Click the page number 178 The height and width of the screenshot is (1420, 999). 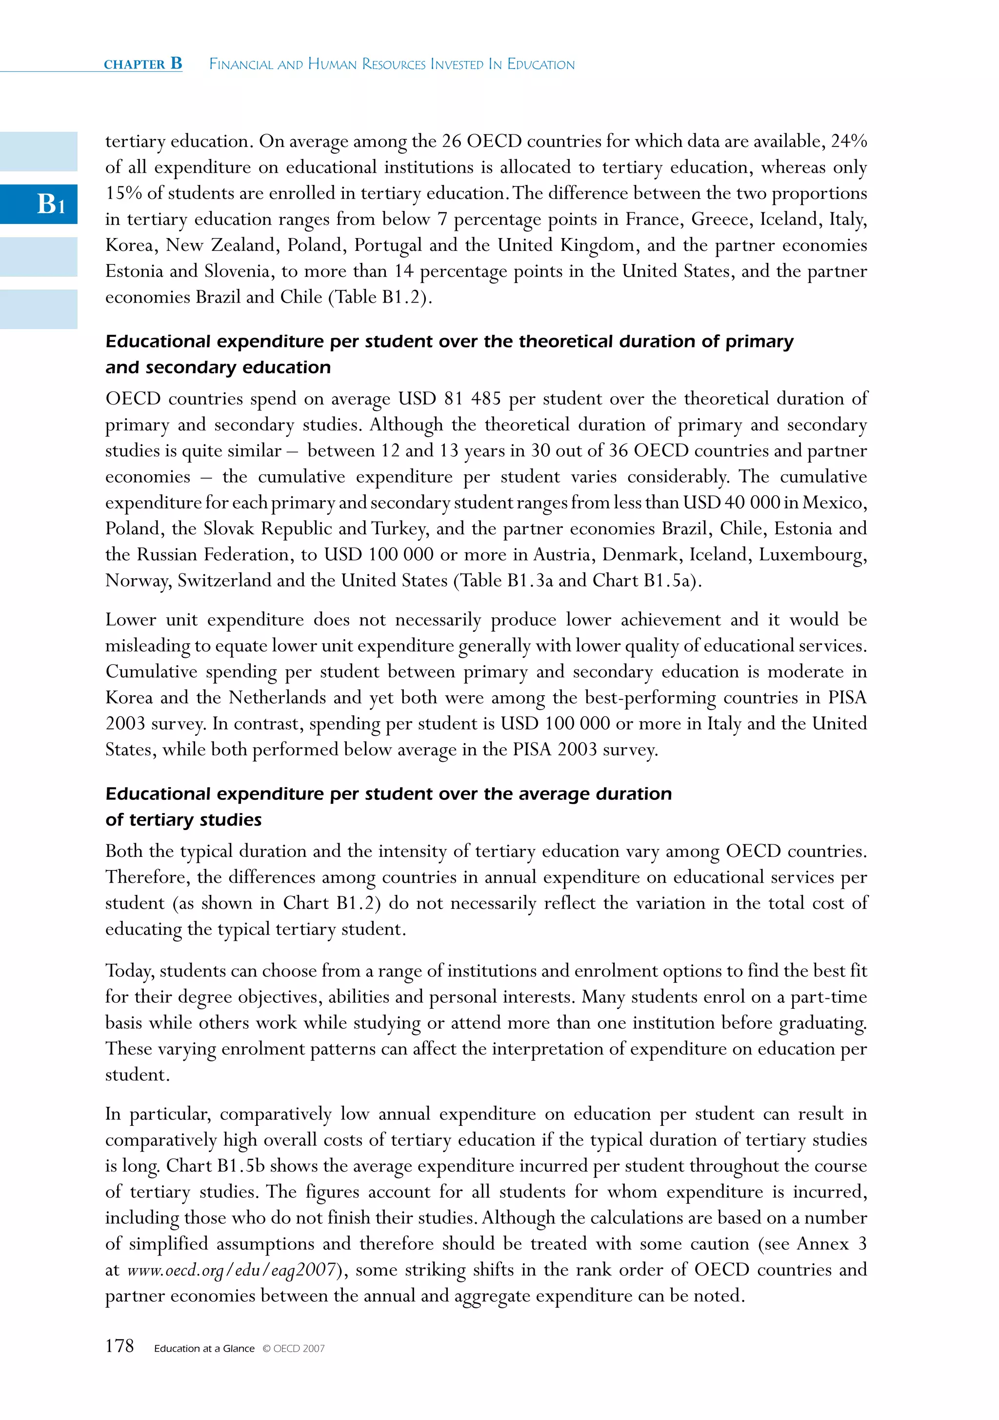coord(120,1346)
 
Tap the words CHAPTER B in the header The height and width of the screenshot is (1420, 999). coord(143,64)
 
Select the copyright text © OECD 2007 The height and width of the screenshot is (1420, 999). coord(294,1348)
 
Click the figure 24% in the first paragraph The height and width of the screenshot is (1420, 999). coord(848,141)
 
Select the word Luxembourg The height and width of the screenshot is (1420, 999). coord(812,554)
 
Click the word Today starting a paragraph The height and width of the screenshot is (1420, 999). coord(129,971)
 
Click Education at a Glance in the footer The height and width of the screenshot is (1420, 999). coord(204,1348)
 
